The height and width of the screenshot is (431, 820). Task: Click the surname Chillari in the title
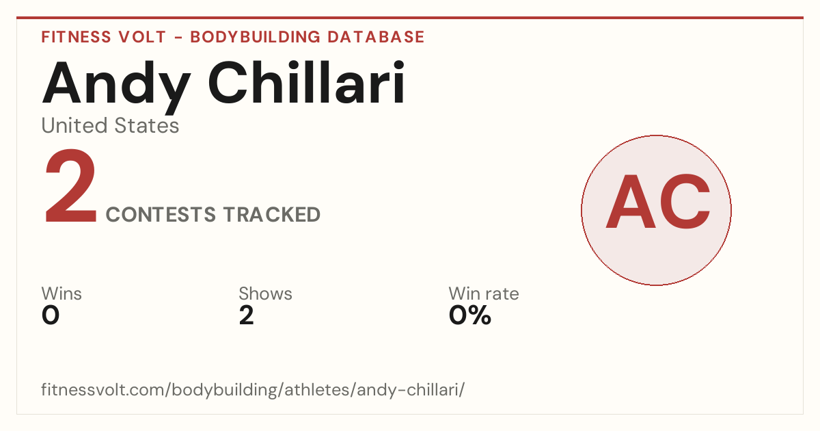coord(307,82)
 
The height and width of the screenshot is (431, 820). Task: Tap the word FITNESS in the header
coord(76,37)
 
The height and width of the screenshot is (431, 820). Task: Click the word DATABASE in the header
coord(376,37)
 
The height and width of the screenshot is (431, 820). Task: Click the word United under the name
coord(75,125)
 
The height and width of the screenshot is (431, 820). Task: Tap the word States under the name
coord(146,125)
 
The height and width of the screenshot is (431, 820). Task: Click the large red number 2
coord(70,185)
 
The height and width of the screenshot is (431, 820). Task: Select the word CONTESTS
coord(161,214)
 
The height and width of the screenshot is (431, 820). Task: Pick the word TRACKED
coord(272,214)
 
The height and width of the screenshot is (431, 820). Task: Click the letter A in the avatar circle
coord(630,202)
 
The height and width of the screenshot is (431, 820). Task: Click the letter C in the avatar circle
coord(685,202)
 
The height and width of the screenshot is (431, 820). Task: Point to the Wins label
coord(61,293)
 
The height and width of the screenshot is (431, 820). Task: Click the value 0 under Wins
coord(51,315)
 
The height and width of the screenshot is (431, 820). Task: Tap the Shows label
coord(265,293)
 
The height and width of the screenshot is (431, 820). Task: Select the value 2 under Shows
coord(247,315)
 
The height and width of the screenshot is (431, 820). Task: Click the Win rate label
coord(484,293)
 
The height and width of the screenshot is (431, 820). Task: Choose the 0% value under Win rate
coord(470,315)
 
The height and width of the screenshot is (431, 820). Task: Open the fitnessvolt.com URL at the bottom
coord(253,389)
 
